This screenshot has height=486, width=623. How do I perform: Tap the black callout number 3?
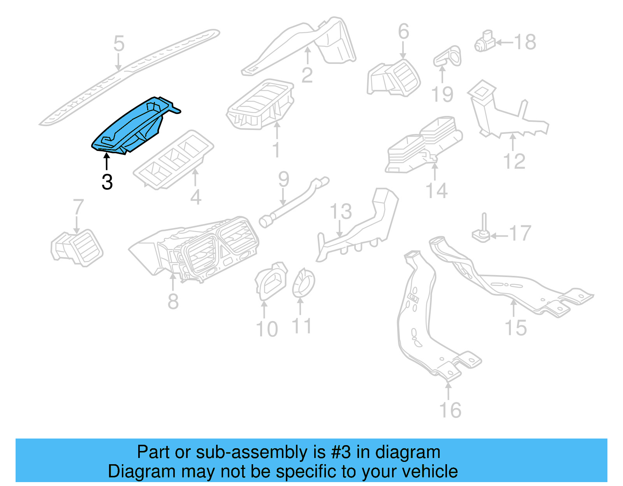point(107,182)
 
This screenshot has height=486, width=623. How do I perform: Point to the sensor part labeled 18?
point(484,42)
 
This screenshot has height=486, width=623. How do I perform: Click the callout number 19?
point(442,94)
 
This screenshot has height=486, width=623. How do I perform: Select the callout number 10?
point(267,329)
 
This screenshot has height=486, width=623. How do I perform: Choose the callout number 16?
point(450,410)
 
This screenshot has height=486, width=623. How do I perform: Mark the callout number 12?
point(514,161)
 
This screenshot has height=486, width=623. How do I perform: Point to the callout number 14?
point(436,191)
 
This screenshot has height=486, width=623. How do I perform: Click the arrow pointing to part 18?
point(504,42)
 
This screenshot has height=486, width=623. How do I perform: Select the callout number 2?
point(307,75)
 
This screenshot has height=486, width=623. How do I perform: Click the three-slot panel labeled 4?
point(173,160)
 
